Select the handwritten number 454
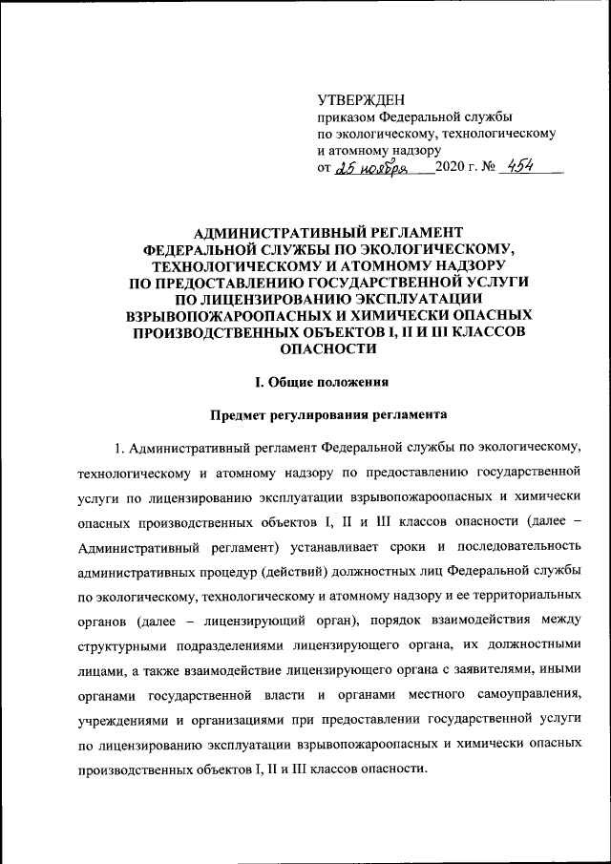520,166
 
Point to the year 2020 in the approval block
450,169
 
